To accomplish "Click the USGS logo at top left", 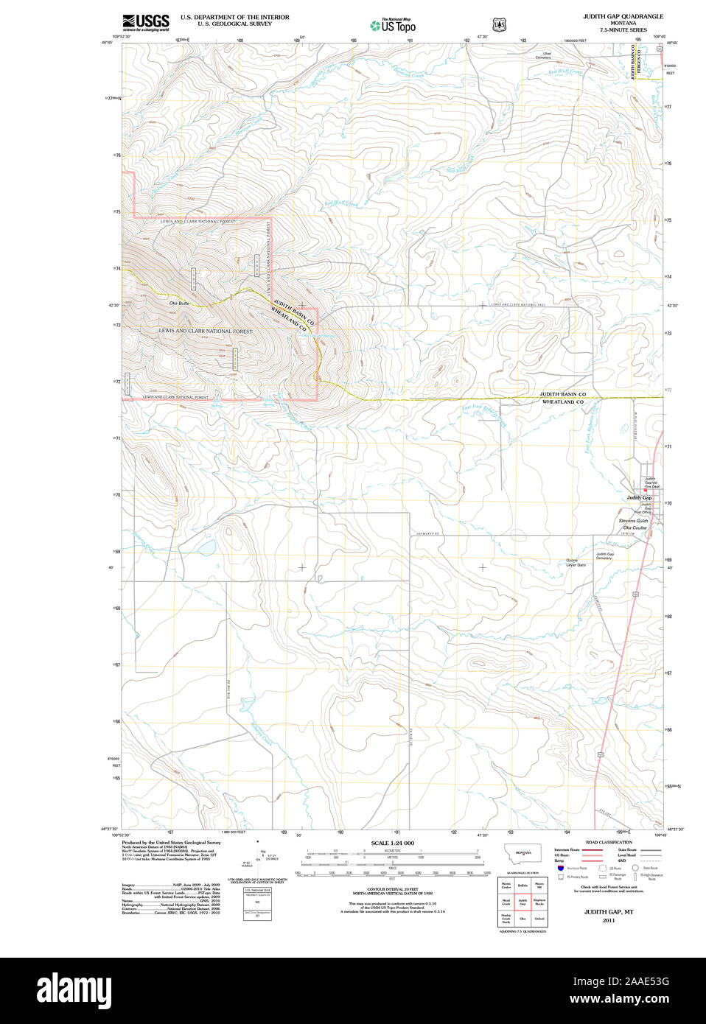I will point(145,21).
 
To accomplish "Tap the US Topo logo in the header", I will point(393,25).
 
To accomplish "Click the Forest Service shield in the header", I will point(500,24).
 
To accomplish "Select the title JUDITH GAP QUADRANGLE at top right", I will point(623,16).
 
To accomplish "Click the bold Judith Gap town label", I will point(639,498).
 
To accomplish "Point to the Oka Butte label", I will point(179,304).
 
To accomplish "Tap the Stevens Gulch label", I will point(633,521).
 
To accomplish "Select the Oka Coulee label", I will point(634,527).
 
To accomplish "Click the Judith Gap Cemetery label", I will point(604,556).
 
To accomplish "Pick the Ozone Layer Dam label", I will point(576,563).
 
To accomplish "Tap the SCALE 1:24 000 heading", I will point(392,843).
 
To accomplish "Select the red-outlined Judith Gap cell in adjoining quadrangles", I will point(522,902).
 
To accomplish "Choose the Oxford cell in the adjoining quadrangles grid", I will point(539,919).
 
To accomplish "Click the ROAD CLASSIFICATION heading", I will point(609,842).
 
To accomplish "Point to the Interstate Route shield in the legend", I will point(561,870).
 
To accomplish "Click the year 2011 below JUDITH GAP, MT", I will point(609,921).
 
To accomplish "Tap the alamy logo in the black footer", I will point(74,990).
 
